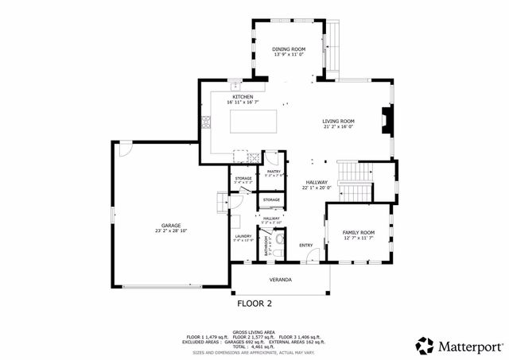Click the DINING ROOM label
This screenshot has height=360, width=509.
(x=289, y=48)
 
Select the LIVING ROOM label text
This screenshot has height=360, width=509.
(x=338, y=120)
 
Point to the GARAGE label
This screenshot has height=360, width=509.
(x=171, y=226)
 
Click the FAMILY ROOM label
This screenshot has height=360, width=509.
(x=358, y=232)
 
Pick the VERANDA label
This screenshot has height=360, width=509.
(x=279, y=280)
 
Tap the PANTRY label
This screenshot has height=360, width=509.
(x=274, y=171)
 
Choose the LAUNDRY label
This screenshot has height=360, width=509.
(x=243, y=236)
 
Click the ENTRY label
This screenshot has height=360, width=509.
(x=306, y=245)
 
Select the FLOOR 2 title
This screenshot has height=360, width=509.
(x=254, y=303)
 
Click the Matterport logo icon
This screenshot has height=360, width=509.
(x=425, y=345)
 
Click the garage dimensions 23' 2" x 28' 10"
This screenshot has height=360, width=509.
(x=171, y=231)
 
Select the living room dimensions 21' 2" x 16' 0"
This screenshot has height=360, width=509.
(x=338, y=126)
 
